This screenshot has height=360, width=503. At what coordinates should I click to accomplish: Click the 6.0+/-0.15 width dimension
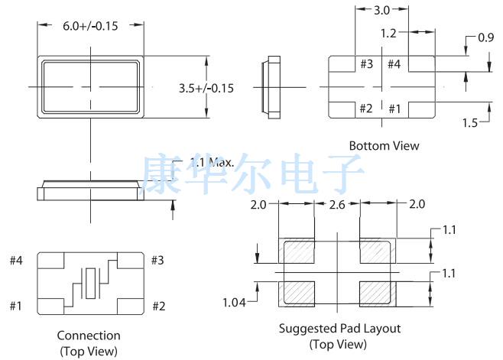pyautogui.click(x=90, y=25)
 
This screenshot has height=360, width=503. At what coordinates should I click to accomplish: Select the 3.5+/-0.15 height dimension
pyautogui.click(x=206, y=88)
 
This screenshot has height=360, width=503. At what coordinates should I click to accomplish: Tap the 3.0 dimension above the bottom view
pyautogui.click(x=383, y=11)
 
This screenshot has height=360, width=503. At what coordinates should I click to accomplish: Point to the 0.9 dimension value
pyautogui.click(x=485, y=37)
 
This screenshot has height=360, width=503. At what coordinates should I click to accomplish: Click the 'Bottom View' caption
pyautogui.click(x=384, y=145)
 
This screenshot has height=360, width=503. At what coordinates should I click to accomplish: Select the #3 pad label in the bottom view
pyautogui.click(x=366, y=64)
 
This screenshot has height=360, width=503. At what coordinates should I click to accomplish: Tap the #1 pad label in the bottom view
pyautogui.click(x=394, y=109)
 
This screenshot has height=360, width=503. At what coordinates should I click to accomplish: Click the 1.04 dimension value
pyautogui.click(x=233, y=303)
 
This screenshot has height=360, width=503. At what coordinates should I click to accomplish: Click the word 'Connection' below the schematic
pyautogui.click(x=89, y=336)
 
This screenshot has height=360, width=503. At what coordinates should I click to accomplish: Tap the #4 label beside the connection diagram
pyautogui.click(x=17, y=261)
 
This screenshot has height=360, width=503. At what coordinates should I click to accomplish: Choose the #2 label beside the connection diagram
pyautogui.click(x=158, y=306)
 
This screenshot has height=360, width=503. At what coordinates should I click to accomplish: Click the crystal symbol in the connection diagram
pyautogui.click(x=92, y=284)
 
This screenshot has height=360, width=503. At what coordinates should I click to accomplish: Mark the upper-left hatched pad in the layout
pyautogui.click(x=298, y=251)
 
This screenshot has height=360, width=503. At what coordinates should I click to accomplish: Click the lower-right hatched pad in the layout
pyautogui.click(x=376, y=291)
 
